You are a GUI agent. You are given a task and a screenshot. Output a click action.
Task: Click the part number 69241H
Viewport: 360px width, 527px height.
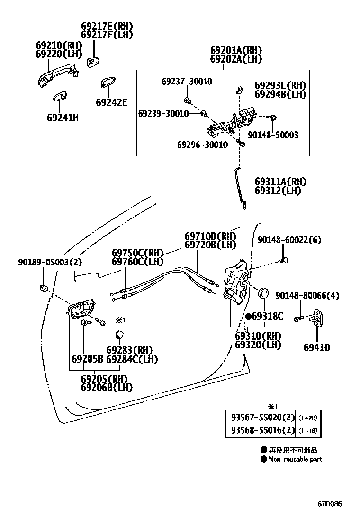[x=62, y=117]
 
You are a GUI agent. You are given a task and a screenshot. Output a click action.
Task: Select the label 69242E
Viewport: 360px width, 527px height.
[x=111, y=102]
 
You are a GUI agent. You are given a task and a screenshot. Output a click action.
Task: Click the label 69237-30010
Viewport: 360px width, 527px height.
[x=187, y=82]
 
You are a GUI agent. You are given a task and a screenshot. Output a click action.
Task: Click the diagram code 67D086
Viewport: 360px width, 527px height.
[x=330, y=504]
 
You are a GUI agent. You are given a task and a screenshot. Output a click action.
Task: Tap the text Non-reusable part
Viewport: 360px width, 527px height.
[x=295, y=459]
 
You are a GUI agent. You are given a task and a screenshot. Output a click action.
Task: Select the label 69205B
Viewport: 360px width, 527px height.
[x=87, y=359]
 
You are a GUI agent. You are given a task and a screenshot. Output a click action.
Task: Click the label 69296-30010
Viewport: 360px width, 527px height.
[x=202, y=145]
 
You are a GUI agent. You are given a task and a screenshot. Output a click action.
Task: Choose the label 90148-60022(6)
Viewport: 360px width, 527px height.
[x=289, y=240]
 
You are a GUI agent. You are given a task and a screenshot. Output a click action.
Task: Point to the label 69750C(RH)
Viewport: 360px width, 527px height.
[x=137, y=253]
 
